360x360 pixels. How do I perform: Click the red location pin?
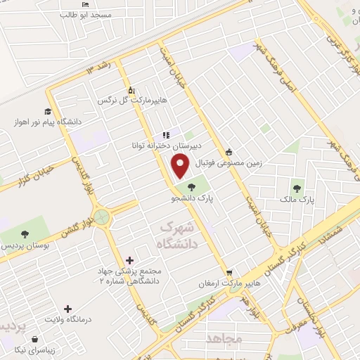click(x=180, y=166)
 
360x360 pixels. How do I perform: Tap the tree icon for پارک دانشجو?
click(x=192, y=186)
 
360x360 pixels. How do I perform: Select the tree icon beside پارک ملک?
click(x=297, y=188)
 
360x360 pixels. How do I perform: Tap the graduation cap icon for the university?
click(x=48, y=110)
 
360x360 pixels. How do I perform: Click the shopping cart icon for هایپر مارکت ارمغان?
click(x=229, y=273)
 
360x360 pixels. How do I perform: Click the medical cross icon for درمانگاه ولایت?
click(x=67, y=309)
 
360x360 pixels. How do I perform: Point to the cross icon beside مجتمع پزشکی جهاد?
click(x=129, y=260)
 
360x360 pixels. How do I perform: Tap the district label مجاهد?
click(x=224, y=340)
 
